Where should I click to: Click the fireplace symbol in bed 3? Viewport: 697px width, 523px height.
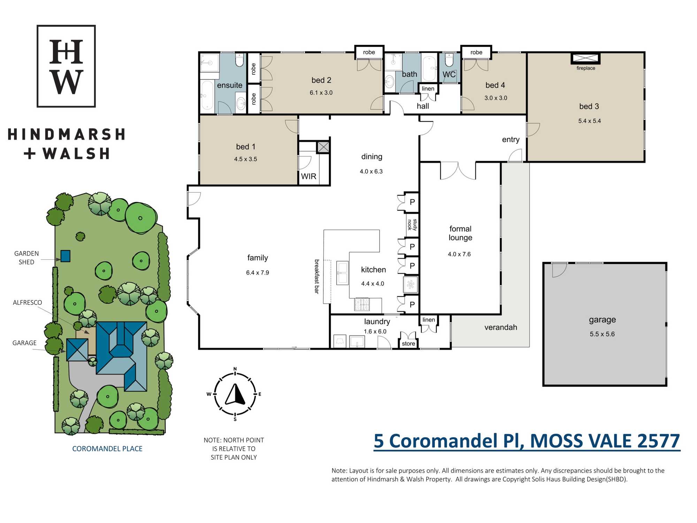585,58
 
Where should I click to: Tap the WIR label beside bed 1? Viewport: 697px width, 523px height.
308,176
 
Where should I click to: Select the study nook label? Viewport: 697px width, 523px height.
412,225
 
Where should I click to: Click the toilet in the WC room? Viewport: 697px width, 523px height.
449,60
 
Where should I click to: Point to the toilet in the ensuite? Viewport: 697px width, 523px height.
239,60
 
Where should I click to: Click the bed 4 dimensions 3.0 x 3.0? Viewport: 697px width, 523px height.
496,98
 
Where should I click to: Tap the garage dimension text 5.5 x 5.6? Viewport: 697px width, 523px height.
602,334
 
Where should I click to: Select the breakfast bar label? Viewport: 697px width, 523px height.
317,276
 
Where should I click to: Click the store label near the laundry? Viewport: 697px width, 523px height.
408,343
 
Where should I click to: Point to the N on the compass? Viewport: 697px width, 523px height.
235,369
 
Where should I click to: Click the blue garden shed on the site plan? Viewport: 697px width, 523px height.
66,256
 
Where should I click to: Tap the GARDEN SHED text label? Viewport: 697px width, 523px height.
26,258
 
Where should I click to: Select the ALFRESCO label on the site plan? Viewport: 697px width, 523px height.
27,303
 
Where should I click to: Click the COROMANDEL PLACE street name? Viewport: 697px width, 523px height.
107,449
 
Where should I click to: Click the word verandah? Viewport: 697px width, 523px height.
501,327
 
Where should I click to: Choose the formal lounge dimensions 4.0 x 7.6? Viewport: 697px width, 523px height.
459,254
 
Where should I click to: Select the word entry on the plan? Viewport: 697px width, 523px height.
511,139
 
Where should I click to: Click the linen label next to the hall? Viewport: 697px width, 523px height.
428,89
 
